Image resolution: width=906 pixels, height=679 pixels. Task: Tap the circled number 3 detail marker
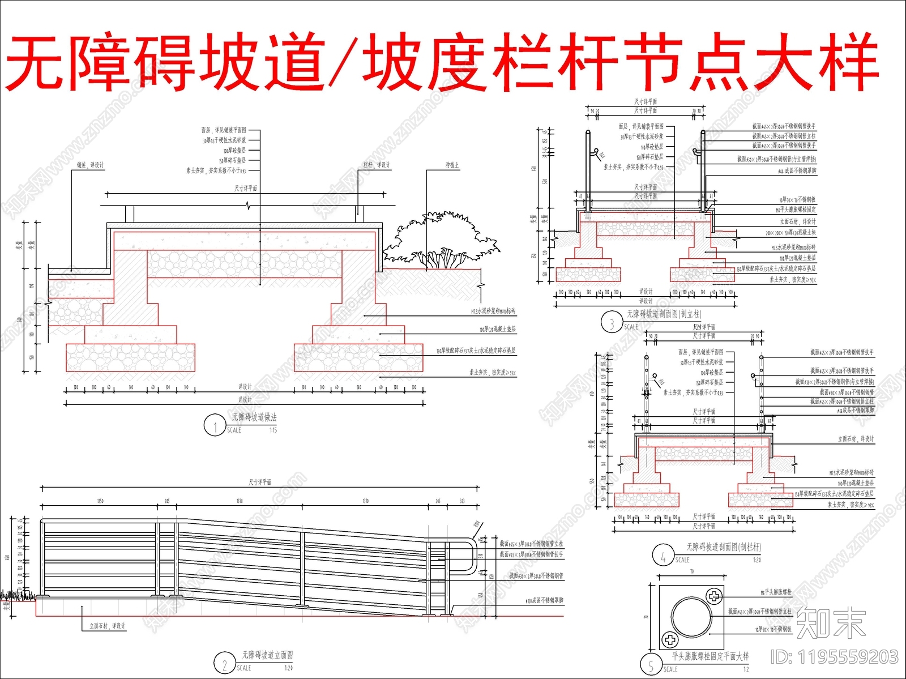[x=612, y=323]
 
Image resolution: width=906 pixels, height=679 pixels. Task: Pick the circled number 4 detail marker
[x=663, y=556]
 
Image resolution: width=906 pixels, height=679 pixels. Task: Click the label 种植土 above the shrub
[x=452, y=165]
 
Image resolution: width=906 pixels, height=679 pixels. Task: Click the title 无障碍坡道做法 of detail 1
[x=254, y=417]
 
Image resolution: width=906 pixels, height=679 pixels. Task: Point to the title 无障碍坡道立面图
[x=267, y=655]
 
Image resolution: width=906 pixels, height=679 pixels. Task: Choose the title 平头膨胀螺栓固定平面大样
[x=710, y=656]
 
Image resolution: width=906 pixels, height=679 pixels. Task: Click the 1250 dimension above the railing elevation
[x=100, y=501]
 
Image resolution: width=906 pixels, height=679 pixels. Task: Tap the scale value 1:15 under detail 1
[x=273, y=430]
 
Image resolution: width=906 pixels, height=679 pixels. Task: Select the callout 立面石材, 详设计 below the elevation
[x=108, y=626]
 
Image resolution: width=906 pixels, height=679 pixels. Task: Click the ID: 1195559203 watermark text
[x=834, y=657]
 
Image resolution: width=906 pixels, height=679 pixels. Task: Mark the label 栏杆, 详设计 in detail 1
[x=377, y=165]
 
